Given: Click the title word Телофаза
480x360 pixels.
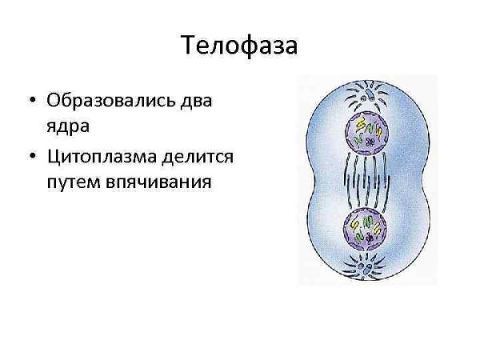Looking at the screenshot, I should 240,44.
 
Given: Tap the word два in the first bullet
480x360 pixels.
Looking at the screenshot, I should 199,103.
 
